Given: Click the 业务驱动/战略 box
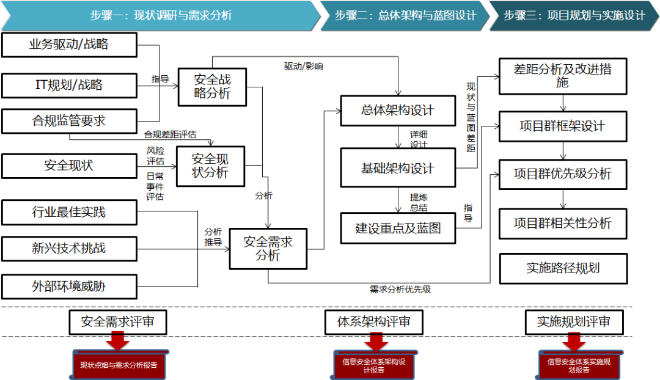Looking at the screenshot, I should [x=69, y=45].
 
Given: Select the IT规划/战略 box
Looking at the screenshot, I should [x=69, y=85].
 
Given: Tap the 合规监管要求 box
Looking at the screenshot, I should [x=69, y=120].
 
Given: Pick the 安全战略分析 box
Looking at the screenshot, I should [x=212, y=87].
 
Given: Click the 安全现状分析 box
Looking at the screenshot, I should [x=210, y=166].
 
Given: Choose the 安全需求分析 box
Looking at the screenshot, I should [x=268, y=249].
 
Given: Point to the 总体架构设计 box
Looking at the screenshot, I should [x=397, y=111].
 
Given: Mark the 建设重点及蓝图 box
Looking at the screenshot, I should [x=398, y=228].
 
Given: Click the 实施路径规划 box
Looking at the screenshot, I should [x=563, y=268].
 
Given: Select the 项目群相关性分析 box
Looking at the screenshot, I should [x=563, y=224].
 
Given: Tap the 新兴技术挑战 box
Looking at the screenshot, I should [x=69, y=249].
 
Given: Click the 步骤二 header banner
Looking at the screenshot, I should [x=405, y=16].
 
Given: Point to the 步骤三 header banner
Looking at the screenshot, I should [x=574, y=16].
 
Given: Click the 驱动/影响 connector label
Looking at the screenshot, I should [x=304, y=66].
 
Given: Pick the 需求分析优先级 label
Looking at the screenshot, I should [x=400, y=290].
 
